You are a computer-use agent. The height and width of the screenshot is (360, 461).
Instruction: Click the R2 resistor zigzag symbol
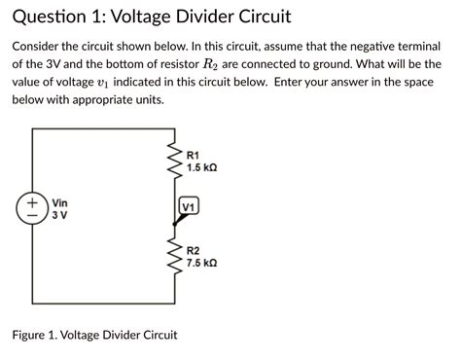click(176, 256)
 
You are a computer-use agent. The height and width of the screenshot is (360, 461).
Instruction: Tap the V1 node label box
click(189, 207)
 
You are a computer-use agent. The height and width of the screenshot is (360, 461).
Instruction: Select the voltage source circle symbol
click(33, 209)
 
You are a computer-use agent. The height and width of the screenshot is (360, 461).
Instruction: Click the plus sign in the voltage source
click(33, 202)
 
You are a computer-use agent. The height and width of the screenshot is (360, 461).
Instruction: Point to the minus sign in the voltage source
click(33, 217)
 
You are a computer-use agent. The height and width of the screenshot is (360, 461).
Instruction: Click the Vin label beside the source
click(59, 202)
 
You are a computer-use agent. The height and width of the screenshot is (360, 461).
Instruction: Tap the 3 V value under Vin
click(57, 215)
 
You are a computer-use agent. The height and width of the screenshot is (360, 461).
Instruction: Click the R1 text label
click(193, 156)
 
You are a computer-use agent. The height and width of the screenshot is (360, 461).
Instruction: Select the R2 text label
click(193, 250)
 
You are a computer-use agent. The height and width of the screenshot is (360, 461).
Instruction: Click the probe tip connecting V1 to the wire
click(176, 222)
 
